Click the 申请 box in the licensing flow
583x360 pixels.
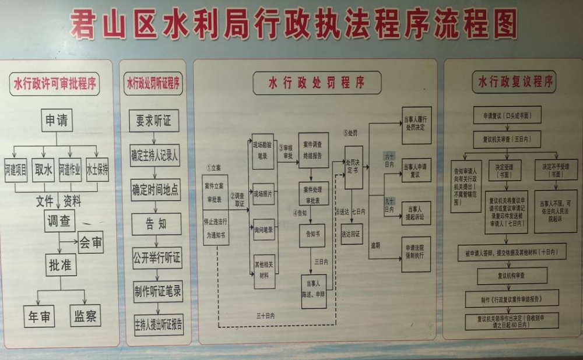coord(56,121)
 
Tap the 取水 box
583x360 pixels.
coord(43,170)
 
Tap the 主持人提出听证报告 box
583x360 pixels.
coord(158,324)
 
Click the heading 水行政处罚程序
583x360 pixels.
coord(317,83)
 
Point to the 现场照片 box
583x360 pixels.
coord(263,193)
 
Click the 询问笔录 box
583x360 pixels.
coord(263,230)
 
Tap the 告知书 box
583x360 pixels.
coord(312,235)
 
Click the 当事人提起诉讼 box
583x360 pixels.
coord(416,212)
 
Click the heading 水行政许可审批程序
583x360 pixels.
coord(56,84)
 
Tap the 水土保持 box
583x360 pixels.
coord(97,170)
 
